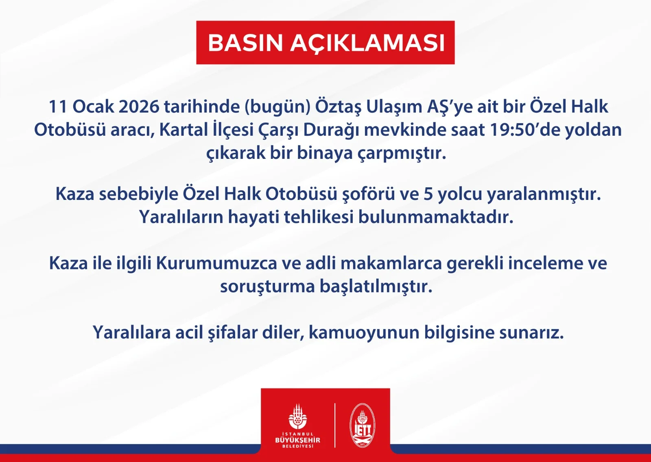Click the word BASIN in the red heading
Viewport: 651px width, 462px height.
(x=245, y=43)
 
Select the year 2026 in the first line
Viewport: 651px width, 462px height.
(x=139, y=107)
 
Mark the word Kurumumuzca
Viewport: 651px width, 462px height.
(x=217, y=263)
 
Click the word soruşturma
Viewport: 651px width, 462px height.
(x=268, y=287)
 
